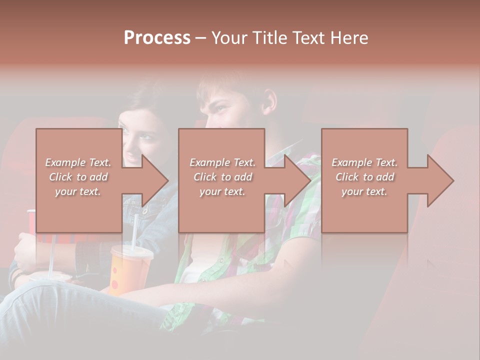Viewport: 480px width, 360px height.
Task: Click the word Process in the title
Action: (157, 38)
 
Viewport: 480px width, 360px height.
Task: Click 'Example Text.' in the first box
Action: (78, 162)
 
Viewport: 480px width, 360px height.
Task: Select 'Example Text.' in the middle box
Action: (222, 162)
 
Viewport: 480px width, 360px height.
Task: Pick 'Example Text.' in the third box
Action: (364, 162)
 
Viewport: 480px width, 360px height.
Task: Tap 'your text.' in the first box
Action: (78, 191)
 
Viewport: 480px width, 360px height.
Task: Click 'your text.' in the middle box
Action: (222, 191)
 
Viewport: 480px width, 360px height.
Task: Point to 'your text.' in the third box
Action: (364, 191)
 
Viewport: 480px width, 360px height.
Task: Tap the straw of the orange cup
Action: (135, 230)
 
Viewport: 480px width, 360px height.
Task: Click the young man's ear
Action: (270, 101)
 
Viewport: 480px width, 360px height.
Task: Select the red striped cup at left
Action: (31, 222)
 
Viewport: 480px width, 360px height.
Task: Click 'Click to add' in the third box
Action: (364, 177)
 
